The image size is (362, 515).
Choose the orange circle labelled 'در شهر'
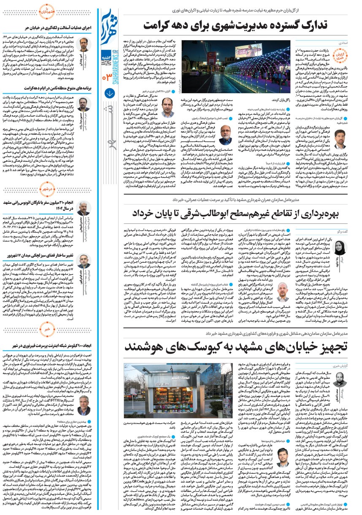(x=49, y=190)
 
